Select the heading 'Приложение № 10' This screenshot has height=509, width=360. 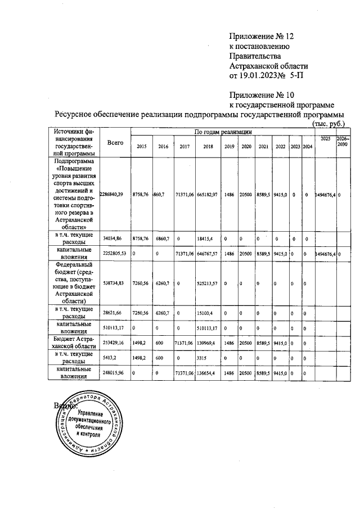click(x=262, y=94)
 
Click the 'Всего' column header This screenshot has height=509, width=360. click(x=115, y=143)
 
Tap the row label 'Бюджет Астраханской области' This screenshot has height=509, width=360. click(x=72, y=343)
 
